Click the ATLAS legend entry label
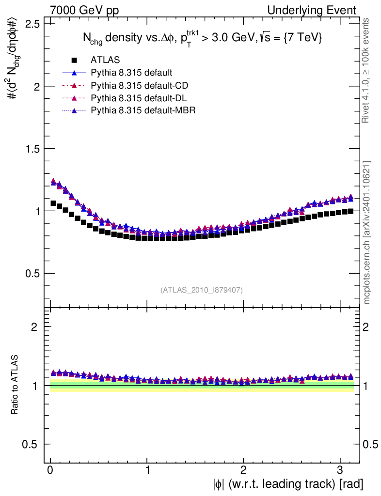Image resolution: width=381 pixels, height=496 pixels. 105,60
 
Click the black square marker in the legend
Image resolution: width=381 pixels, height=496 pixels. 74,60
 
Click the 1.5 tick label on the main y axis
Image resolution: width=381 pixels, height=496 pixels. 32,148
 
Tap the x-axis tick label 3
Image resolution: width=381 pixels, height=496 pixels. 340,470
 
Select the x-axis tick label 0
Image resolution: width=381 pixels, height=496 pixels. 50,470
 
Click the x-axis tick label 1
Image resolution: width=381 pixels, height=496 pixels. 147,470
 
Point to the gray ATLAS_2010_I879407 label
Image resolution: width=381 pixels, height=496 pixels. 201,290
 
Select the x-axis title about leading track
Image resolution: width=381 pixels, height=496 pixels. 287,483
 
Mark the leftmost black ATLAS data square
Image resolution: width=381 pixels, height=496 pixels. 53,203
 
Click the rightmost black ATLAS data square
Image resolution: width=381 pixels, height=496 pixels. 350,211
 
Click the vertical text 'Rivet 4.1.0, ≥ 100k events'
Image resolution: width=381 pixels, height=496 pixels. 366,70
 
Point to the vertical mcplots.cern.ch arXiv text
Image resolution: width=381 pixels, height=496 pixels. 367,232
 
